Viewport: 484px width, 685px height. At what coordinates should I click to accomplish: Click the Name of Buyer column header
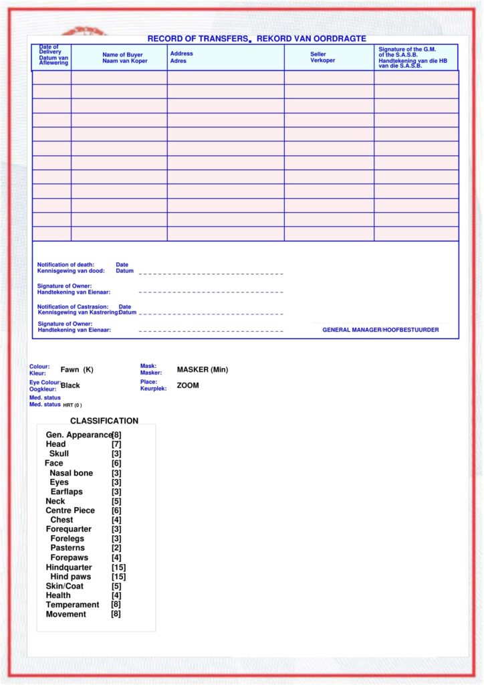point(122,58)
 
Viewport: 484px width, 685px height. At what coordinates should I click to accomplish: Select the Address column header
point(181,57)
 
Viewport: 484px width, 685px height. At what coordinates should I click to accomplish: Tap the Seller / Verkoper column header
point(322,57)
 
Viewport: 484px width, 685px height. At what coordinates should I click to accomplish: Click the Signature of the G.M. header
point(412,58)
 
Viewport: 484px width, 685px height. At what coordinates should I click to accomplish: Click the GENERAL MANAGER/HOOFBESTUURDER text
point(380,330)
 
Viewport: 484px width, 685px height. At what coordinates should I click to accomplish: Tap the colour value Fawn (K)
point(77,370)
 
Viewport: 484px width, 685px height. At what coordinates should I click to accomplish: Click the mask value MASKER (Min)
point(203,369)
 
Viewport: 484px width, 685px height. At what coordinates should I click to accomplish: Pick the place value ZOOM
point(188,385)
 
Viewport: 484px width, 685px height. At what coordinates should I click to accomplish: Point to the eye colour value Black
point(70,385)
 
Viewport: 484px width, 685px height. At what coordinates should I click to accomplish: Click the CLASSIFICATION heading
point(104,421)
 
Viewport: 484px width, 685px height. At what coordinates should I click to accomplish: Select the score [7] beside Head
point(116,444)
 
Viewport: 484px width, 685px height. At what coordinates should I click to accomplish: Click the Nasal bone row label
point(71,473)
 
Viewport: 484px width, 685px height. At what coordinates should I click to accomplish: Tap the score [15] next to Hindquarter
point(119,567)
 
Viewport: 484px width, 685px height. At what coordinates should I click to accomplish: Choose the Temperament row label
point(72,605)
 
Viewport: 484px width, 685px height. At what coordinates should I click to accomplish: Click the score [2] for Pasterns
point(116,548)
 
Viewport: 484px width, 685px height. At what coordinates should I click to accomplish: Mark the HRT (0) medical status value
point(72,405)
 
